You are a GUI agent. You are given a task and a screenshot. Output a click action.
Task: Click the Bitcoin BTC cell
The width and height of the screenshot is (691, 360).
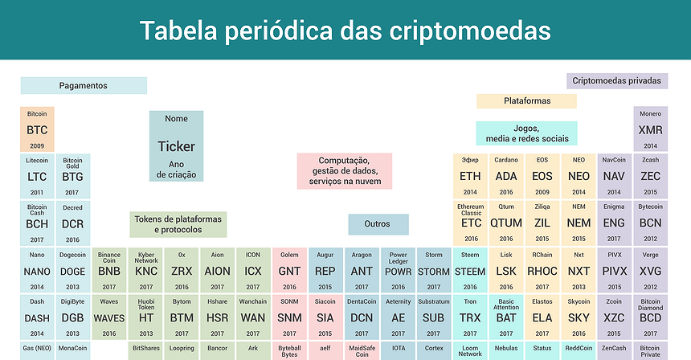tap(37, 129)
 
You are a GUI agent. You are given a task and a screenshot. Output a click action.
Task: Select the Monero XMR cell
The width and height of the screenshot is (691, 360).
tap(651, 129)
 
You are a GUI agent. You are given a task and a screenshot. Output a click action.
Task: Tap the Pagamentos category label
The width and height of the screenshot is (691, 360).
tap(84, 85)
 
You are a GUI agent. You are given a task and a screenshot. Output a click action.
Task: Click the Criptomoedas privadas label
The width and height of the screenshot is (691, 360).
tap(617, 80)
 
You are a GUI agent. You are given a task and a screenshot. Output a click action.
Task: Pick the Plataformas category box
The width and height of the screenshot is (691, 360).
tap(527, 101)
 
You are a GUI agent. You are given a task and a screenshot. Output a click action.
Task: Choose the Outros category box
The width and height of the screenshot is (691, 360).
tap(378, 224)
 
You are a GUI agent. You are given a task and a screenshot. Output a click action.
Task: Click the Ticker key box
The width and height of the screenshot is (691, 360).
tap(176, 146)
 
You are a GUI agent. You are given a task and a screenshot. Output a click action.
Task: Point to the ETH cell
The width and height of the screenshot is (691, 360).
tap(470, 176)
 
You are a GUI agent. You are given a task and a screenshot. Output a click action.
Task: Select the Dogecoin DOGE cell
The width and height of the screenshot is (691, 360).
tap(72, 271)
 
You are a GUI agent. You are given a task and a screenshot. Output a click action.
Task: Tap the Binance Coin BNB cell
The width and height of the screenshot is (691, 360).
tap(109, 271)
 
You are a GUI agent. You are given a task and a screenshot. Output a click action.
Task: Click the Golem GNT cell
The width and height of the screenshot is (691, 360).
tap(289, 271)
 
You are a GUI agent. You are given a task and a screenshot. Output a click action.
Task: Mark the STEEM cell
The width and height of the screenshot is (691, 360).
tap(470, 271)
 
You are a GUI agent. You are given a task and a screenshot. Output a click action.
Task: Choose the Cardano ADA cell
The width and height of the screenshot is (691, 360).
tap(506, 176)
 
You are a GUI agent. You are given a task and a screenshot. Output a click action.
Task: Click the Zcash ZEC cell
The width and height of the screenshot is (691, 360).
tap(651, 176)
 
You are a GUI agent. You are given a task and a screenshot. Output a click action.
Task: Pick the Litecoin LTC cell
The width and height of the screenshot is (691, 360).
tap(37, 176)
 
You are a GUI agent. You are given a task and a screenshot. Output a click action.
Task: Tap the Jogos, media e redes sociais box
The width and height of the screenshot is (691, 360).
tap(527, 133)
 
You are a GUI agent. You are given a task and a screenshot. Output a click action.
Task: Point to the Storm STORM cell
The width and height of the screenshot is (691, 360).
tap(434, 271)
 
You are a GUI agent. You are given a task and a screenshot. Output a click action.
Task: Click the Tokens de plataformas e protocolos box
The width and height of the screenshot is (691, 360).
tap(178, 224)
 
